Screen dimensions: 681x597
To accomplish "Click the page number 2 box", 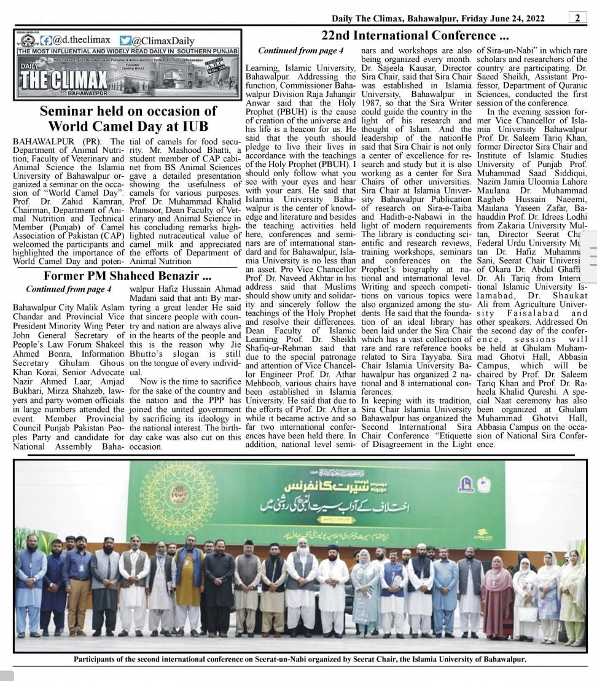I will (577, 18).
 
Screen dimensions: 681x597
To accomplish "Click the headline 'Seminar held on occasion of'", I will (128, 111).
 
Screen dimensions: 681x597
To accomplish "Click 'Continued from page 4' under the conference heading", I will (300, 51).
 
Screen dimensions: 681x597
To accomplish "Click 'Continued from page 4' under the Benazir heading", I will (68, 289).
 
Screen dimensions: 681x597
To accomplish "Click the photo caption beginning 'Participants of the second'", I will (300, 660).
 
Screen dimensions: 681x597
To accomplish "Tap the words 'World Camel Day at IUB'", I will (128, 127).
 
